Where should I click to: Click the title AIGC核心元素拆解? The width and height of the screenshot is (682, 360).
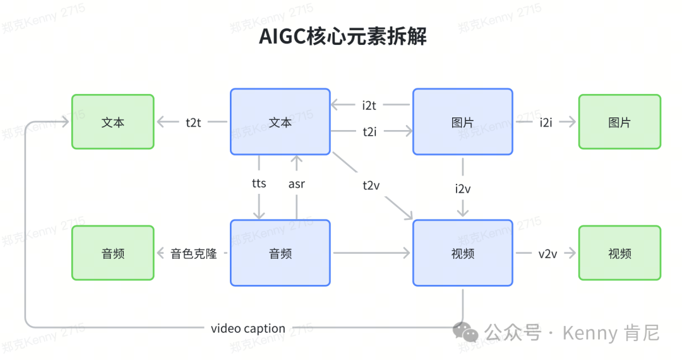pyautogui.click(x=343, y=37)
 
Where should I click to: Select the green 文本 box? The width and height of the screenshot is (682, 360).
pyautogui.click(x=113, y=122)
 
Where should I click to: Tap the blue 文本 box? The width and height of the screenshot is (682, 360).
pyautogui.click(x=280, y=122)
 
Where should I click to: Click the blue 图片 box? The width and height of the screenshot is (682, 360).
pyautogui.click(x=462, y=122)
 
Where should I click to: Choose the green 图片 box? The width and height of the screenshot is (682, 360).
pyautogui.click(x=619, y=122)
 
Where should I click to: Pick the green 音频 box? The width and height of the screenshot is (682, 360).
pyautogui.click(x=113, y=253)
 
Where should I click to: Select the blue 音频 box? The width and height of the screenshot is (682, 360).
pyautogui.click(x=280, y=253)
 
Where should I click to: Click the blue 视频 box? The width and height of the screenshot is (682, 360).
pyautogui.click(x=462, y=253)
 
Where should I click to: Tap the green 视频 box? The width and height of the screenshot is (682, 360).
pyautogui.click(x=619, y=253)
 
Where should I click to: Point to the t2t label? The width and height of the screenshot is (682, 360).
pyautogui.click(x=193, y=123)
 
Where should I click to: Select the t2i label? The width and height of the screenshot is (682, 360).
pyautogui.click(x=369, y=131)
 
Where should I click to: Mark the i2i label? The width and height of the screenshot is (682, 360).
pyautogui.click(x=546, y=123)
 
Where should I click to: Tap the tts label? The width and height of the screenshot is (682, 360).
pyautogui.click(x=259, y=184)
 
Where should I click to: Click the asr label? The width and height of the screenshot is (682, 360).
pyautogui.click(x=297, y=184)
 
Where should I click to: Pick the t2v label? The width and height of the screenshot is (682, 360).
pyautogui.click(x=372, y=185)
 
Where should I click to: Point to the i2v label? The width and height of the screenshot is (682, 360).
pyautogui.click(x=463, y=188)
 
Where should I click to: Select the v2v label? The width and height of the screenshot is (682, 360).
pyautogui.click(x=547, y=254)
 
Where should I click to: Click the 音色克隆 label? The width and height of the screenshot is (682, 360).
pyautogui.click(x=194, y=254)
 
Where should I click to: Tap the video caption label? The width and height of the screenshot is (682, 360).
pyautogui.click(x=248, y=328)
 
